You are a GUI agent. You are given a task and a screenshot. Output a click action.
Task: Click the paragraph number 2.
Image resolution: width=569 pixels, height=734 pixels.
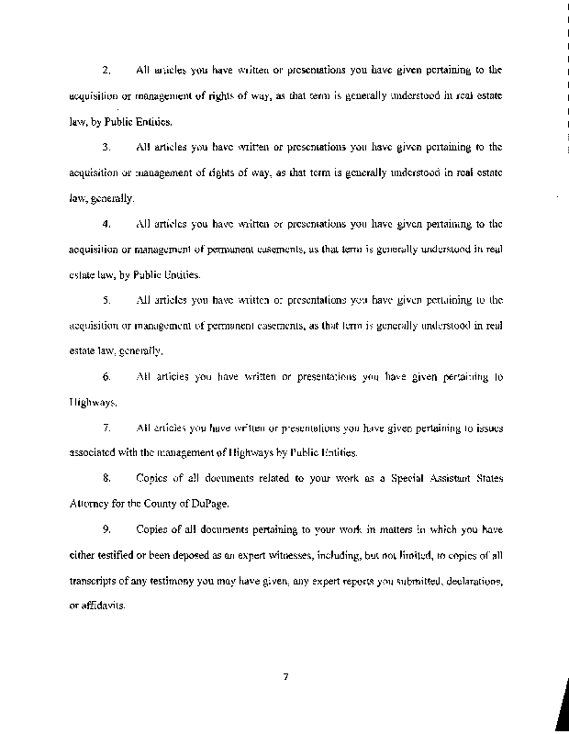click(106, 70)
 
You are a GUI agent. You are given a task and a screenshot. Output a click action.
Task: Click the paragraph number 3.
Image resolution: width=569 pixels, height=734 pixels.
click(106, 146)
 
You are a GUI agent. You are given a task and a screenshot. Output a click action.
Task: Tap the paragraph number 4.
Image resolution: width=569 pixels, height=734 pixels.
click(106, 223)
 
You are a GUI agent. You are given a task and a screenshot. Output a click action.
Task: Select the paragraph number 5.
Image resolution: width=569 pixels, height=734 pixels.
click(106, 299)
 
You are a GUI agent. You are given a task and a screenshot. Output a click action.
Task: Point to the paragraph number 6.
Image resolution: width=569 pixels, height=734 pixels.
click(106, 376)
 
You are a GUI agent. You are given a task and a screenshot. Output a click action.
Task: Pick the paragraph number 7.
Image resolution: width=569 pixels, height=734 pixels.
click(106, 428)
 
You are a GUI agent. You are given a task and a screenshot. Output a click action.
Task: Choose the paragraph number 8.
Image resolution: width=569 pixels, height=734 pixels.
click(106, 478)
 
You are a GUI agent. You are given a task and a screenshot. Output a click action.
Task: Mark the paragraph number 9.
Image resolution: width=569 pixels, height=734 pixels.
click(106, 529)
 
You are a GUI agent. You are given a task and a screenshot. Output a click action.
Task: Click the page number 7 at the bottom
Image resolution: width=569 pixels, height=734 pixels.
click(286, 678)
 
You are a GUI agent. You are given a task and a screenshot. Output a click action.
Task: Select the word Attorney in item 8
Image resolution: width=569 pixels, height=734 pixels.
click(90, 504)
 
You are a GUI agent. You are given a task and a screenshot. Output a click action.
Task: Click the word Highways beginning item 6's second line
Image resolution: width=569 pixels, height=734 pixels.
click(92, 402)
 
